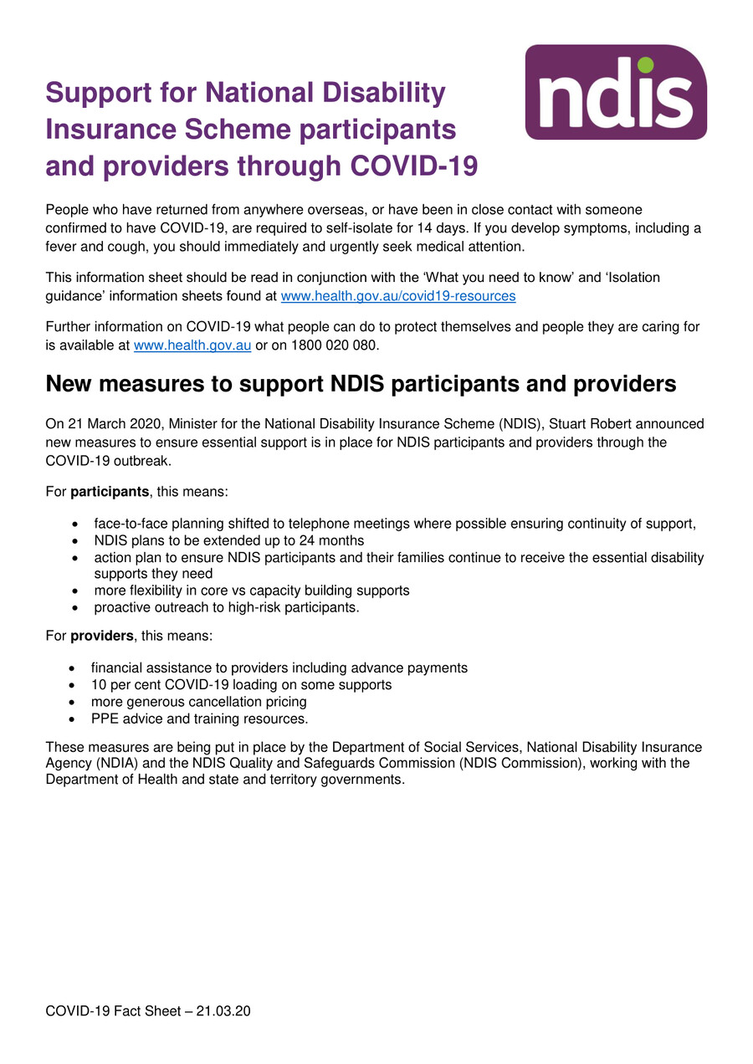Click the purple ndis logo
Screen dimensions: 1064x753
[616, 92]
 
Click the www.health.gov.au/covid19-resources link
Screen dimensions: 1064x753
[397, 296]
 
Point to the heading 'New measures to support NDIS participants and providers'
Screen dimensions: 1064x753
[360, 384]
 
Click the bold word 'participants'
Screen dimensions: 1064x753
[101, 492]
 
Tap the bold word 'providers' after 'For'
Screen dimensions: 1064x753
[101, 636]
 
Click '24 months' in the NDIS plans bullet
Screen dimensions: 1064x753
[331, 540]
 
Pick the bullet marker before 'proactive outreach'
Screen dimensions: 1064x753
[76, 608]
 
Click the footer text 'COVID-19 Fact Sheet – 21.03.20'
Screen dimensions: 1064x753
[148, 1011]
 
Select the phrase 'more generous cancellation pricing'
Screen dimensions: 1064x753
[198, 702]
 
